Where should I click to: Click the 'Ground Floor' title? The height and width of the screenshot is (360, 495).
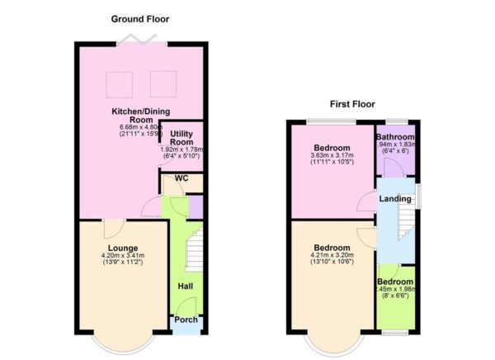click(141, 18)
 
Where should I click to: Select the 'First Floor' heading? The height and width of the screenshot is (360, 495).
click(352, 105)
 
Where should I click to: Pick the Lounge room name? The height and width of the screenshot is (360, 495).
click(121, 248)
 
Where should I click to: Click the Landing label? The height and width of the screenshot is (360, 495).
click(394, 199)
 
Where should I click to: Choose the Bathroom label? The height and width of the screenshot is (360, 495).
click(395, 136)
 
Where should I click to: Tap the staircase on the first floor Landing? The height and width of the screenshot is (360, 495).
click(403, 224)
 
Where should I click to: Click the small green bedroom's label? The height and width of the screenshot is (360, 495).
click(395, 282)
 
